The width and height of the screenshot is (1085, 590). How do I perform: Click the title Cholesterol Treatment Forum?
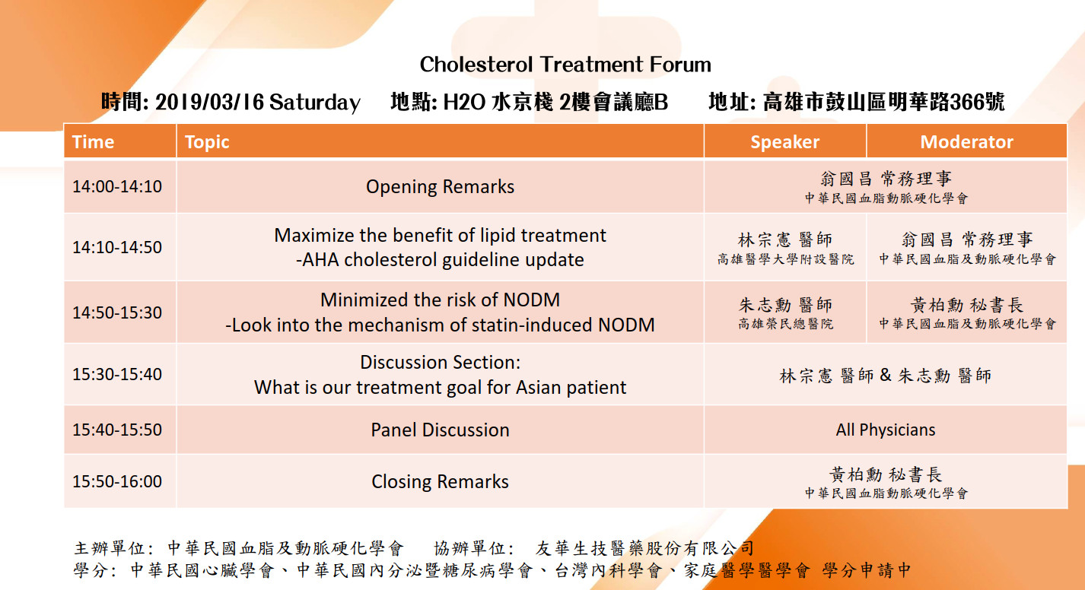[x=565, y=65]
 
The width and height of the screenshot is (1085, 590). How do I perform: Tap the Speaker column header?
[x=784, y=142]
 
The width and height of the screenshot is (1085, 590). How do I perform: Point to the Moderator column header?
[x=966, y=142]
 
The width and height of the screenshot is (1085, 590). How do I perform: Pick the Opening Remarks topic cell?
[x=440, y=187]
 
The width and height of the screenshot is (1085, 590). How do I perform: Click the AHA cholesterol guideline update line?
[x=440, y=260]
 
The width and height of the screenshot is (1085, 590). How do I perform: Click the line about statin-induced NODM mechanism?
[x=440, y=325]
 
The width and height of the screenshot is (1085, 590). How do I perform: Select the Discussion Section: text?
[x=440, y=362]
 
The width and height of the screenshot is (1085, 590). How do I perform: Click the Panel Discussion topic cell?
[x=440, y=430]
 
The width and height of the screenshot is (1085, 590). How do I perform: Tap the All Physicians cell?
[x=886, y=430]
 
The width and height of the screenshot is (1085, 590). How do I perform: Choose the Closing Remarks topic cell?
[x=440, y=481]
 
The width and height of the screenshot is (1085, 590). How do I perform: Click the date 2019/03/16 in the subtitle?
[x=210, y=102]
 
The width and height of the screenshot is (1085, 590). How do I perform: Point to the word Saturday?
[x=315, y=103]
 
